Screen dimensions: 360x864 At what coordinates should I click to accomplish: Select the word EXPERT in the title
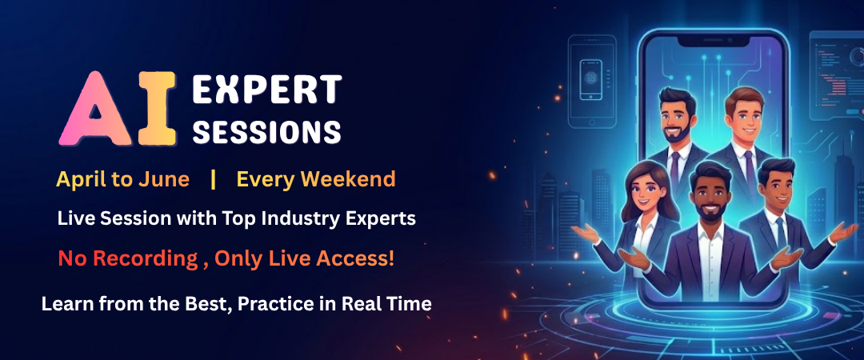click(x=267, y=91)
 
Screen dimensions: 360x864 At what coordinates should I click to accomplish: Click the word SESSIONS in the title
click(x=267, y=131)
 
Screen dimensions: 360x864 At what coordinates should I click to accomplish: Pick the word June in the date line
click(x=169, y=179)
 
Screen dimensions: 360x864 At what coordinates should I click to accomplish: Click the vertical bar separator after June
click(x=213, y=179)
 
